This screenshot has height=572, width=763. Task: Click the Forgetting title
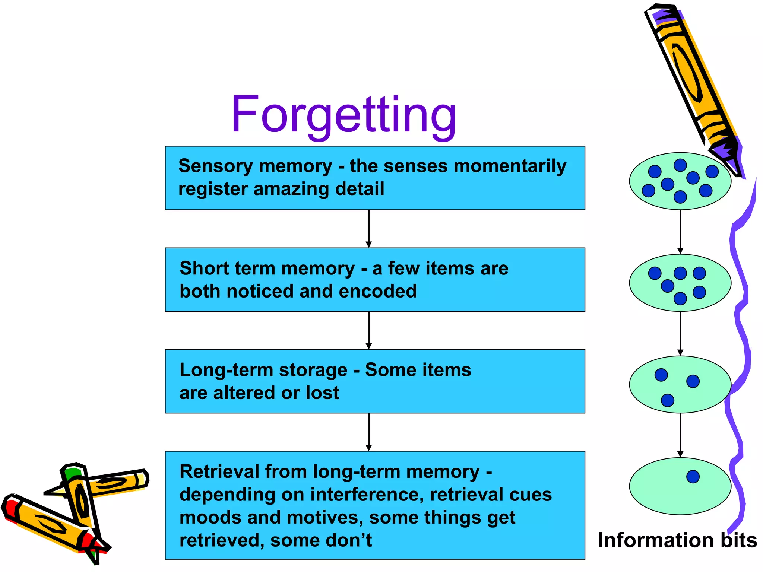[343, 115]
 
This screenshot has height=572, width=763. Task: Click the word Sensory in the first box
[215, 166]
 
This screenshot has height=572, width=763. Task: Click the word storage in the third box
[313, 370]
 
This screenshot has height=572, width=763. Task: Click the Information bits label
[677, 540]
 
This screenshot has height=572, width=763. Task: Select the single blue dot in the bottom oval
[693, 477]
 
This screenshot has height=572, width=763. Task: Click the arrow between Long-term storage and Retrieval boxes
[368, 432]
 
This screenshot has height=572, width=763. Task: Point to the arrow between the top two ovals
[680, 232]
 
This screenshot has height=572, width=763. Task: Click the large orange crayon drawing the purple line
[689, 74]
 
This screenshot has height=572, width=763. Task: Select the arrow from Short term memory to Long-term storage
[368, 330]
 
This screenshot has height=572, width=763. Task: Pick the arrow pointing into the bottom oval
[680, 435]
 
